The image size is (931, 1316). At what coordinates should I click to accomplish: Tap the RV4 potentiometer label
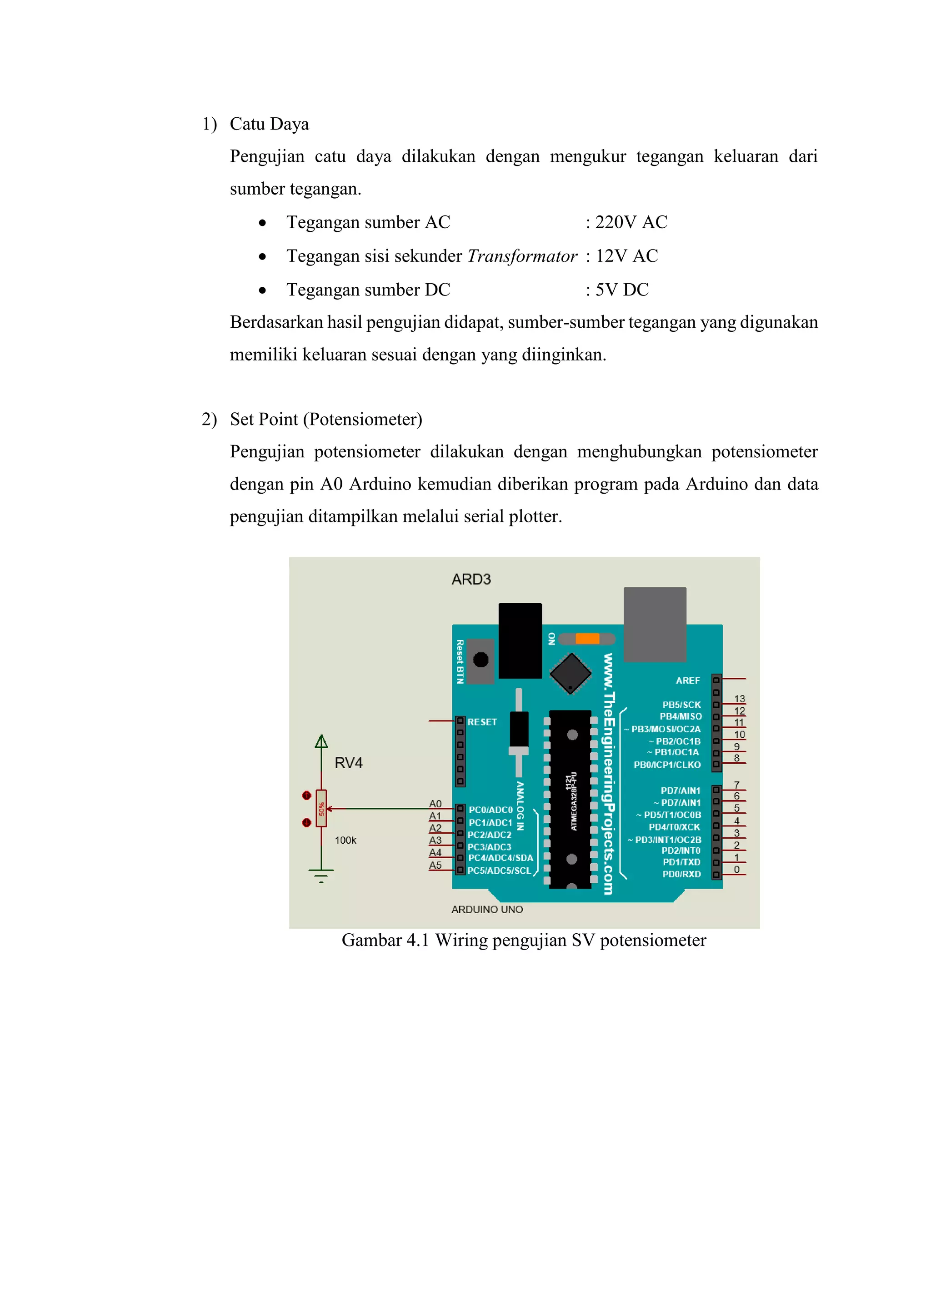[x=349, y=763]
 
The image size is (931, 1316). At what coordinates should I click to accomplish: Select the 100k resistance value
[x=345, y=840]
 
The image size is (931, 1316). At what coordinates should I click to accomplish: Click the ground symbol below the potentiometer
[x=321, y=875]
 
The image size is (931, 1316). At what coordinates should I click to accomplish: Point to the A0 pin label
[x=435, y=804]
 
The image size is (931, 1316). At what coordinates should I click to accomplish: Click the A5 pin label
[x=435, y=865]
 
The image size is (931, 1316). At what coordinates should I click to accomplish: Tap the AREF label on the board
[x=687, y=681]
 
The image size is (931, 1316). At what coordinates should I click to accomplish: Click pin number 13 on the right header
[x=740, y=699]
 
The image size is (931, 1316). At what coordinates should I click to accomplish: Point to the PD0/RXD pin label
[x=681, y=874]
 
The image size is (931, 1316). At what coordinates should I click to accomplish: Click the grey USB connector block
[x=655, y=624]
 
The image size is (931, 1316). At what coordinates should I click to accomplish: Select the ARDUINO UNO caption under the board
[x=487, y=910]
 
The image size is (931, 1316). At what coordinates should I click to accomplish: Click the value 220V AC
[x=631, y=222]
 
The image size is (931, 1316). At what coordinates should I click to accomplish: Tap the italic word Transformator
[x=522, y=256]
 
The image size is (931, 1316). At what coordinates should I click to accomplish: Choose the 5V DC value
[x=622, y=290]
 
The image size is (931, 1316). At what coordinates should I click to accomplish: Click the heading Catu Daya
[x=269, y=124]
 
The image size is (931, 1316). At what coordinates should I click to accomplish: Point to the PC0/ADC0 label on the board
[x=491, y=810]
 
